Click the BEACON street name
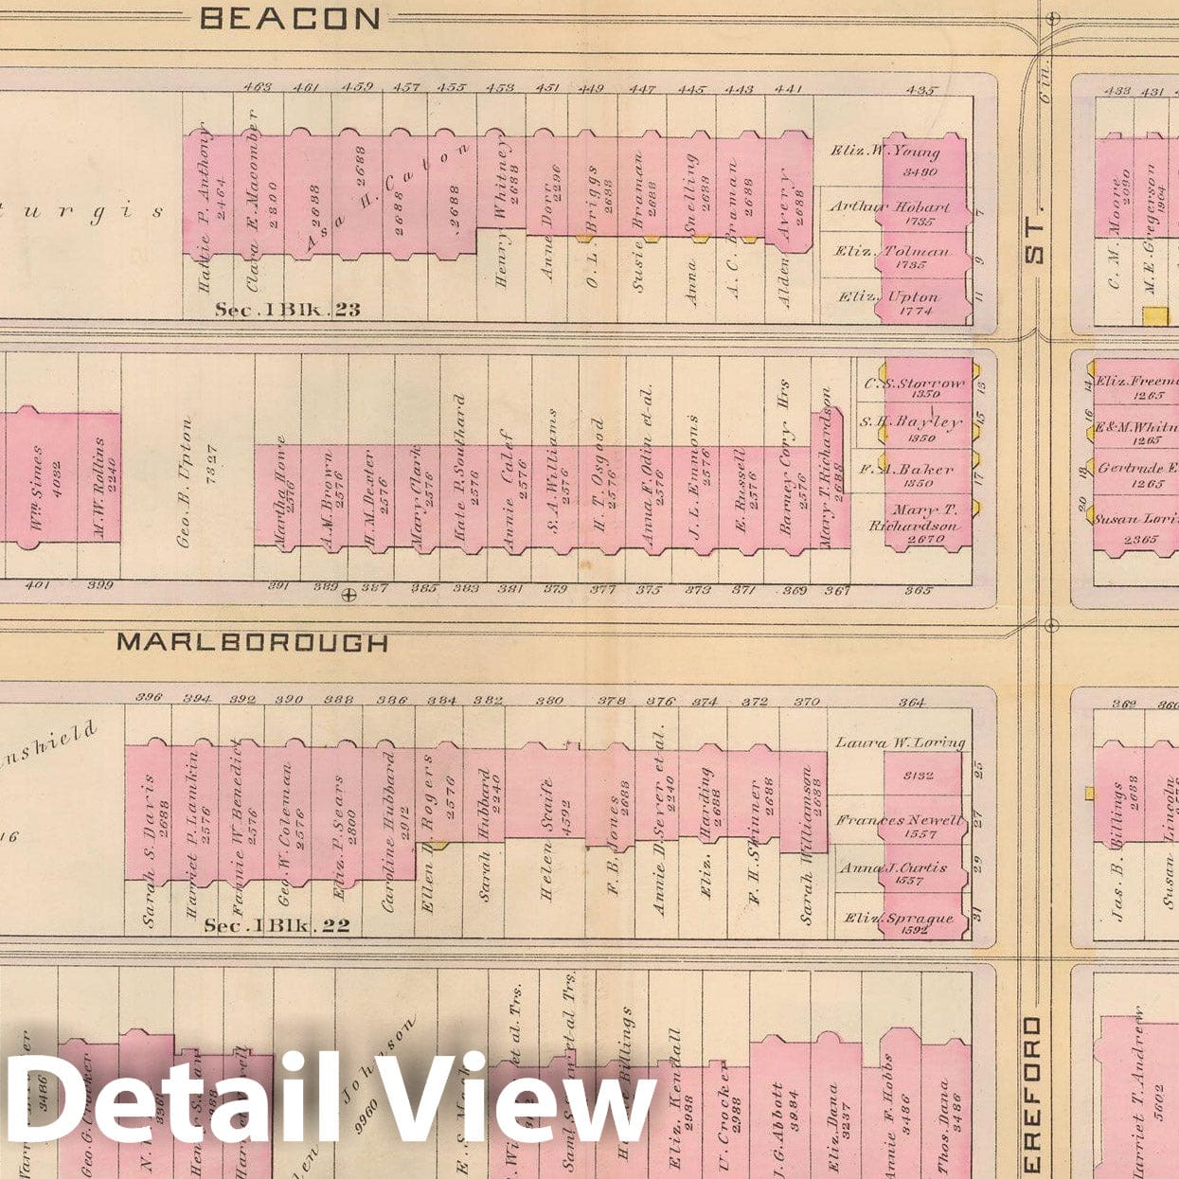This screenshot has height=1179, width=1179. [x=291, y=18]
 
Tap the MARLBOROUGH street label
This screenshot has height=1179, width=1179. [x=252, y=642]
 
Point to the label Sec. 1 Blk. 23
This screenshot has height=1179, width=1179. [x=287, y=310]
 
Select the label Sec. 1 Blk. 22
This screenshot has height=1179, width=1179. [x=277, y=925]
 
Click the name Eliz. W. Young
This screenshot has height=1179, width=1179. [x=885, y=151]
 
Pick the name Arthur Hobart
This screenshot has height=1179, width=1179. [x=889, y=206]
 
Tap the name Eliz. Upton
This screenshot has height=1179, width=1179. [x=887, y=296]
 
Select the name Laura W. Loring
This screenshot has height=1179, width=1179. [x=899, y=743]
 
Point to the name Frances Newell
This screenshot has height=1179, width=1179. [x=898, y=820]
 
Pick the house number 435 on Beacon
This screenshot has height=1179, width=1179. [x=920, y=91]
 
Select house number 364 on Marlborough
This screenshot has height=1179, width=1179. [x=912, y=702]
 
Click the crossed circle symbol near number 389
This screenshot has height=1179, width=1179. [x=348, y=595]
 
